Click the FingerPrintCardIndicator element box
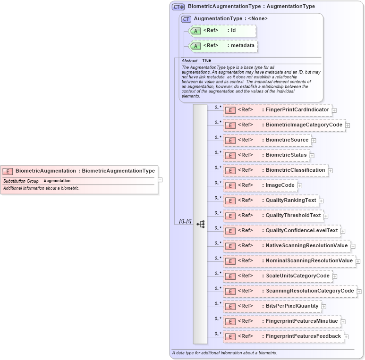(277, 110)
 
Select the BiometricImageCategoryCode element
(284, 125)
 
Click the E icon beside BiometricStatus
(230, 155)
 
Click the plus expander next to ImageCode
(300, 186)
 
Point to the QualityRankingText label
(291, 201)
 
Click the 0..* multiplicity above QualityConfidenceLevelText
(218, 228)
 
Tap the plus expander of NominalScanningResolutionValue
(358, 261)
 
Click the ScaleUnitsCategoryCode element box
(277, 276)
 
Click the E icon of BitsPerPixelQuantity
(230, 306)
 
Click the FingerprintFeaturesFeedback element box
(283, 336)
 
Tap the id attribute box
(222, 31)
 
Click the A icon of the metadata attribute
(195, 46)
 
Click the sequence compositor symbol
(201, 224)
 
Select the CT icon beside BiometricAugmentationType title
(178, 7)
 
